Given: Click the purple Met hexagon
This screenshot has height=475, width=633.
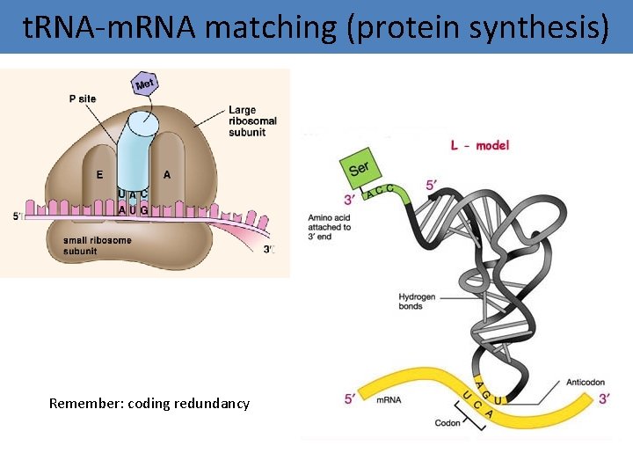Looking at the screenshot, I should pyautogui.click(x=144, y=84).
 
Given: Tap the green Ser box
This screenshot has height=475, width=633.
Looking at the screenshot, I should pyautogui.click(x=360, y=168).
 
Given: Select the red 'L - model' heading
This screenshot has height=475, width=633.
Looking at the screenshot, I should pyautogui.click(x=480, y=145).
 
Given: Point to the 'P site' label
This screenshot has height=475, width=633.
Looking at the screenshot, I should pyautogui.click(x=83, y=99).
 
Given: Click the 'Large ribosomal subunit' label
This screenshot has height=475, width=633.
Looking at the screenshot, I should pyautogui.click(x=252, y=121).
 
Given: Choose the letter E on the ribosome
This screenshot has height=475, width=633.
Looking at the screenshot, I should pyautogui.click(x=99, y=174).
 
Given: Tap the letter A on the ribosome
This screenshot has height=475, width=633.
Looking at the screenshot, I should pyautogui.click(x=167, y=174).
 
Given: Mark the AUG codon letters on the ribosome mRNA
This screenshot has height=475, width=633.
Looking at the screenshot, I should pyautogui.click(x=133, y=210).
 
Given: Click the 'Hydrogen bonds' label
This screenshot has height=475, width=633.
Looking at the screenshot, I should pyautogui.click(x=416, y=302).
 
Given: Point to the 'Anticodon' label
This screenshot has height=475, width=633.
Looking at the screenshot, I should pyautogui.click(x=587, y=383).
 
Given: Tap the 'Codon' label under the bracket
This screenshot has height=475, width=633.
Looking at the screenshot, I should pyautogui.click(x=447, y=423).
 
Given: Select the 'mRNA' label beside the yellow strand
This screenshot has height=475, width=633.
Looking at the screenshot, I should pyautogui.click(x=389, y=400).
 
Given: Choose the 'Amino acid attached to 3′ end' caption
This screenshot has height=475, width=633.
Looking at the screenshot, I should pyautogui.click(x=330, y=227).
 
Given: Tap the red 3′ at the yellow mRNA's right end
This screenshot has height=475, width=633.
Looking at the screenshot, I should pyautogui.click(x=604, y=398).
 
